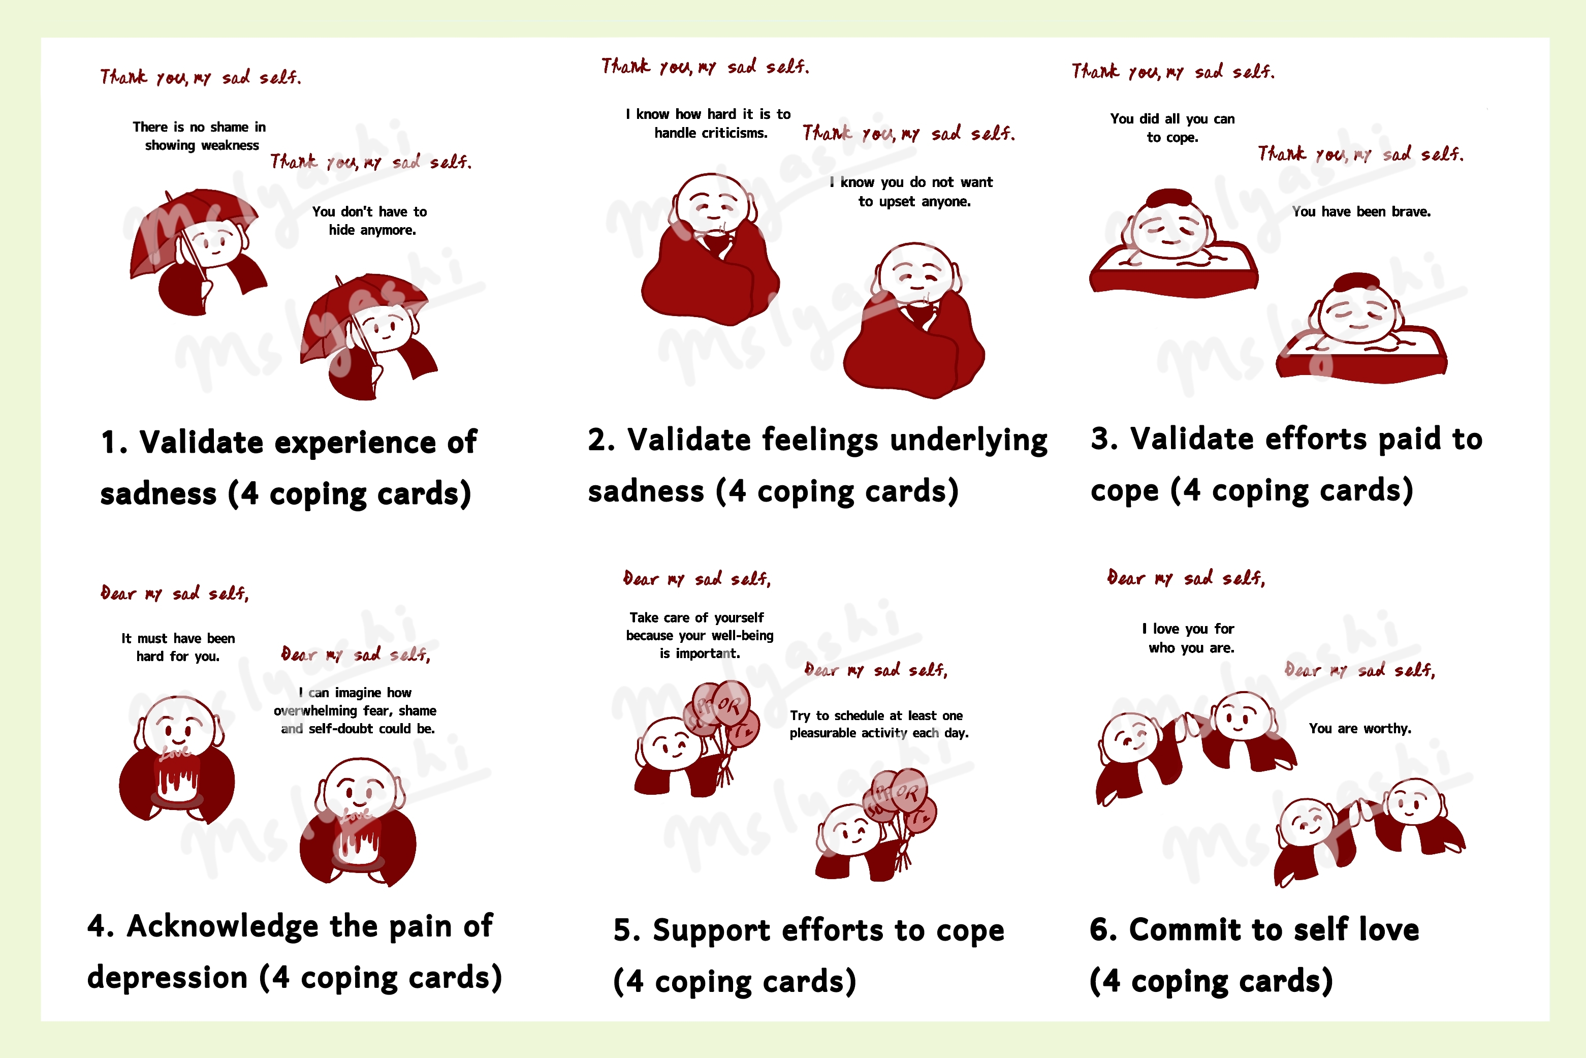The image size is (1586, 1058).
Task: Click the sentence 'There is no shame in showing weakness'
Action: pos(200,136)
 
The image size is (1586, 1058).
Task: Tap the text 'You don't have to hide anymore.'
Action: pos(370,221)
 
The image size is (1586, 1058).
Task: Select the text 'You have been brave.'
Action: pos(1361,212)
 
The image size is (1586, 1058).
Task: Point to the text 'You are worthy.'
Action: pos(1360,729)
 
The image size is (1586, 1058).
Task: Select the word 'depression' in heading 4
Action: pos(167,978)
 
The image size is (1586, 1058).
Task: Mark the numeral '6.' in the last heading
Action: pos(1104,930)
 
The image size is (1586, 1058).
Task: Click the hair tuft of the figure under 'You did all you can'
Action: pos(1170,198)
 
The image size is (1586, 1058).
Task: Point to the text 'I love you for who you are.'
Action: pos(1189,638)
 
